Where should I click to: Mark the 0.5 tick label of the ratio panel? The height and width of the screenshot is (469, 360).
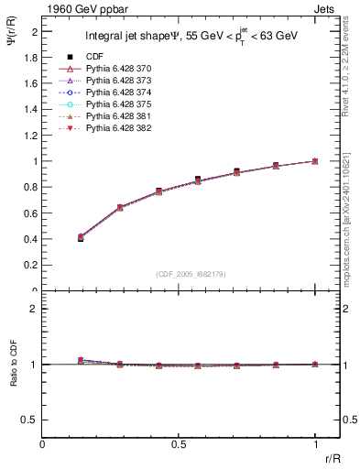(33, 420)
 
